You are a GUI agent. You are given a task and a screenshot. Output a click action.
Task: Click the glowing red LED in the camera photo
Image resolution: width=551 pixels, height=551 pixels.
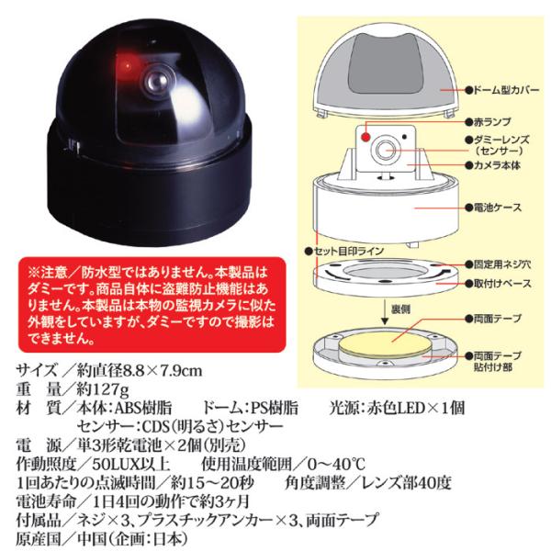(x=126, y=65)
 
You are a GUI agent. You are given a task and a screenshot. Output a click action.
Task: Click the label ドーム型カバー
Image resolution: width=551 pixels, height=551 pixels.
(x=501, y=90)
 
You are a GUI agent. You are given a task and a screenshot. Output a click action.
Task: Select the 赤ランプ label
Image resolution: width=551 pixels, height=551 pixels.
(x=488, y=122)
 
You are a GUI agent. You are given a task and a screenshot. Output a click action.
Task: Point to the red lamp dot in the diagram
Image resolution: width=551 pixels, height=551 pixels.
(x=365, y=137)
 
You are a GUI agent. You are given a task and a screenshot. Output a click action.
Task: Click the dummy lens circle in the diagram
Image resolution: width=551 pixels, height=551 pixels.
(x=386, y=151)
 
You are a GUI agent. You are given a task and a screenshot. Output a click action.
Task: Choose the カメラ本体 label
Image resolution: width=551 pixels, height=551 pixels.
(x=492, y=165)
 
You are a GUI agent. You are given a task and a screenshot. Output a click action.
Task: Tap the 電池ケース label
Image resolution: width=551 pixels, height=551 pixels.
(x=493, y=208)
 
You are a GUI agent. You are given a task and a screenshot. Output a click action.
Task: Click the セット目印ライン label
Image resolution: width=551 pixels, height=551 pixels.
(x=344, y=252)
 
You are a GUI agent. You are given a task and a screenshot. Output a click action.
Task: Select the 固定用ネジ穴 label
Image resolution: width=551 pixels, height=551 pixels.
(x=498, y=264)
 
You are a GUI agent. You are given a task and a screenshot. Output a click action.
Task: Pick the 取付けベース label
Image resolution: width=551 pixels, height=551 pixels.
(x=498, y=283)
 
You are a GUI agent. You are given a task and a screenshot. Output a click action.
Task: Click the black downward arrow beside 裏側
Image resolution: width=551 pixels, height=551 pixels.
(x=385, y=312)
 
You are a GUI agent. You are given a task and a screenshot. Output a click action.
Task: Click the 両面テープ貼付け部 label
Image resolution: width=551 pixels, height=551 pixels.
(x=493, y=361)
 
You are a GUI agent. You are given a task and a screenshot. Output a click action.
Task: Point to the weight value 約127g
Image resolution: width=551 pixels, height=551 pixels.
(x=103, y=389)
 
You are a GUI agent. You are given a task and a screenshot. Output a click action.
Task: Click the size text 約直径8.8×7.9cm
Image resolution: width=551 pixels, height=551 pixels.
(x=140, y=370)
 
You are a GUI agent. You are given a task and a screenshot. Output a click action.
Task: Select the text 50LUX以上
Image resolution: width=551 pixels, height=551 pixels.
(x=131, y=464)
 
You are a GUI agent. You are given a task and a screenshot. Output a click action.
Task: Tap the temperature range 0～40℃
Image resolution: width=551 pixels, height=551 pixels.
(x=336, y=464)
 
